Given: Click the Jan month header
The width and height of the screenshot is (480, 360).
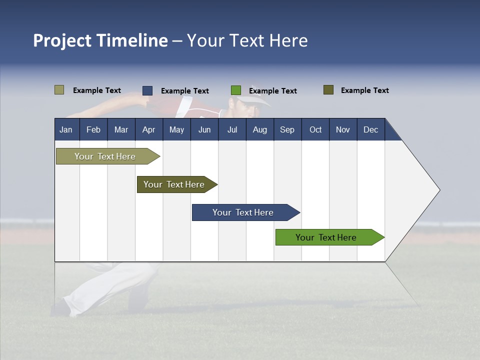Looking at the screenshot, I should click(x=66, y=129).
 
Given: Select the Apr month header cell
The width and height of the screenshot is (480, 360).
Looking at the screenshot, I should click(x=149, y=129).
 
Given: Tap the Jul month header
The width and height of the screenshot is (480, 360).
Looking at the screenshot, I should click(x=232, y=129).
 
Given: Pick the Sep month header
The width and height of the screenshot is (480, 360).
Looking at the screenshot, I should click(x=287, y=129).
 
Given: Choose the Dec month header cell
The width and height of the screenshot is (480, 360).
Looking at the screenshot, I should click(x=370, y=129).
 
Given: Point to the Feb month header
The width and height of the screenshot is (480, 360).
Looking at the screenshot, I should click(x=93, y=129).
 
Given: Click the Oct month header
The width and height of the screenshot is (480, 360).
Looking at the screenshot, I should click(x=315, y=129).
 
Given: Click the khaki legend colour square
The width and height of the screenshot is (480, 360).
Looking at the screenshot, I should click(x=59, y=90).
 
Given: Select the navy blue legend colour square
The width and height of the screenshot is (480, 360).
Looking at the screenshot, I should click(x=147, y=90).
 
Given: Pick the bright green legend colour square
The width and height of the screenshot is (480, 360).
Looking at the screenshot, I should click(x=236, y=90).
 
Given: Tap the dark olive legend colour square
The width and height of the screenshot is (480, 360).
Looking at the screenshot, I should click(x=328, y=90).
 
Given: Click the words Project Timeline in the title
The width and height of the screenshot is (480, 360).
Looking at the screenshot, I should click(x=100, y=40).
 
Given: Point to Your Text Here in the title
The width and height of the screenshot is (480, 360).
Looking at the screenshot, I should click(x=247, y=40).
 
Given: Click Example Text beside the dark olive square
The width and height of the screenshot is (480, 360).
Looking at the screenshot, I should click(x=364, y=90).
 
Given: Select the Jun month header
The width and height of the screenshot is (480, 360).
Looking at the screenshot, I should click(x=204, y=129).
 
